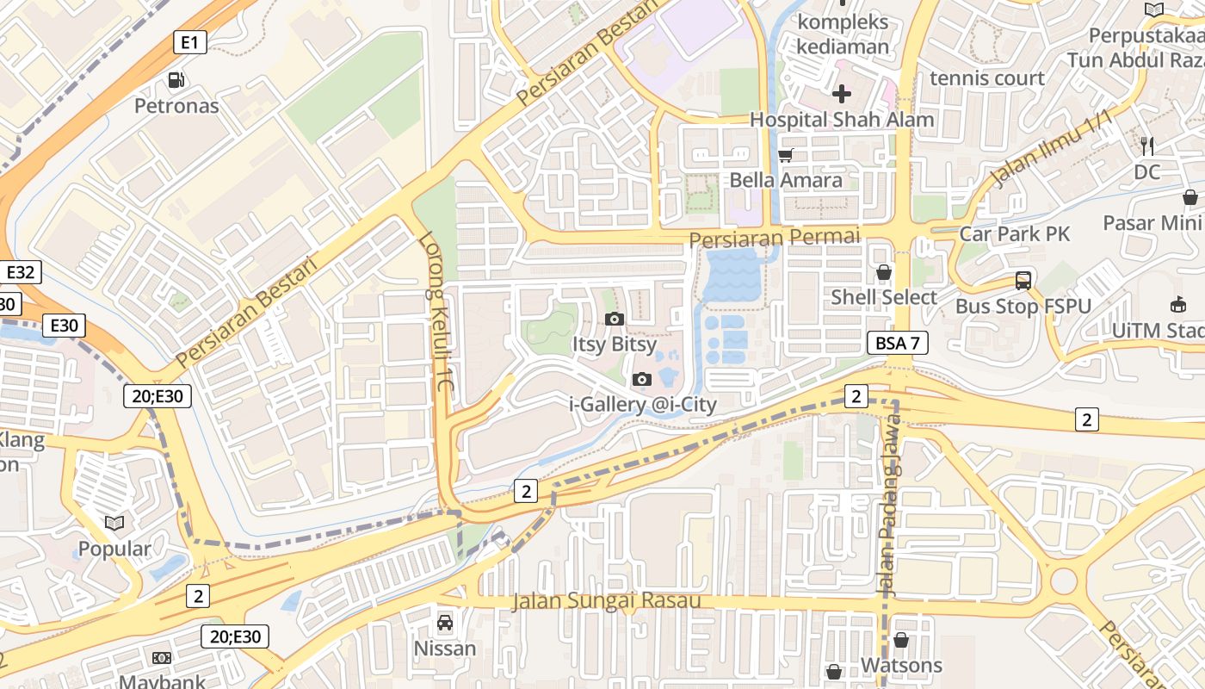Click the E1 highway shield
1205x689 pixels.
click(x=190, y=41)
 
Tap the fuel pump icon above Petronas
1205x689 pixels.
click(x=176, y=80)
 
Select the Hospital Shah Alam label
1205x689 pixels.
click(x=842, y=120)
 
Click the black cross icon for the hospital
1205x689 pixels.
click(x=842, y=93)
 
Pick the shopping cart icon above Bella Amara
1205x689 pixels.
click(x=785, y=156)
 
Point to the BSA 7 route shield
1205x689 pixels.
click(x=897, y=343)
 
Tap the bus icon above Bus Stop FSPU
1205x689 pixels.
click(x=1023, y=280)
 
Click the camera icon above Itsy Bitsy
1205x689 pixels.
click(x=614, y=319)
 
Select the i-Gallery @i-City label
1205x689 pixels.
click(x=643, y=404)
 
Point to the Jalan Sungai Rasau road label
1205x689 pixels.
click(x=606, y=600)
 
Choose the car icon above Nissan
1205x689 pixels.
click(x=445, y=622)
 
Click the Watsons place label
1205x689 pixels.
click(x=901, y=665)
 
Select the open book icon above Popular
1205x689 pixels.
click(x=114, y=523)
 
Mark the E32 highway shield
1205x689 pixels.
click(x=20, y=273)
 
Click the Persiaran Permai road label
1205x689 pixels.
click(x=775, y=236)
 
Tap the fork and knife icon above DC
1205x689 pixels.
click(x=1146, y=146)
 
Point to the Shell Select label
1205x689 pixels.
click(x=883, y=297)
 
